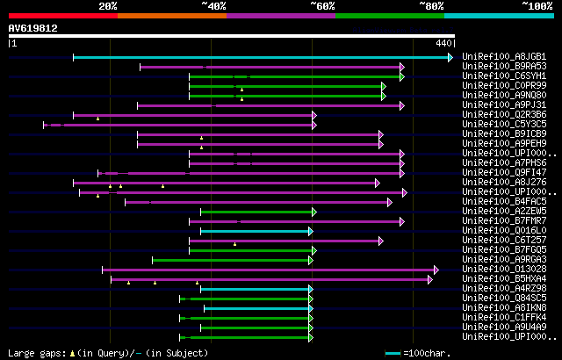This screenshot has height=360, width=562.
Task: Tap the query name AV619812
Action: point(33,28)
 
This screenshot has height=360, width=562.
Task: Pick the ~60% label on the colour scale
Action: point(322,5)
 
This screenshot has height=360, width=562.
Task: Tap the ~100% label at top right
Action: point(537,5)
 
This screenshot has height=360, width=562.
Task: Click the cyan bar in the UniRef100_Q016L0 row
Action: point(256,231)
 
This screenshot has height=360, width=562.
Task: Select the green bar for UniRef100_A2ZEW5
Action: point(256,212)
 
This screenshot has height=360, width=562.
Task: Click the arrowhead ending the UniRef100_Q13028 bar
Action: point(436,270)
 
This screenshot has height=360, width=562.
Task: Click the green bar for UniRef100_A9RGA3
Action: point(232,260)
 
